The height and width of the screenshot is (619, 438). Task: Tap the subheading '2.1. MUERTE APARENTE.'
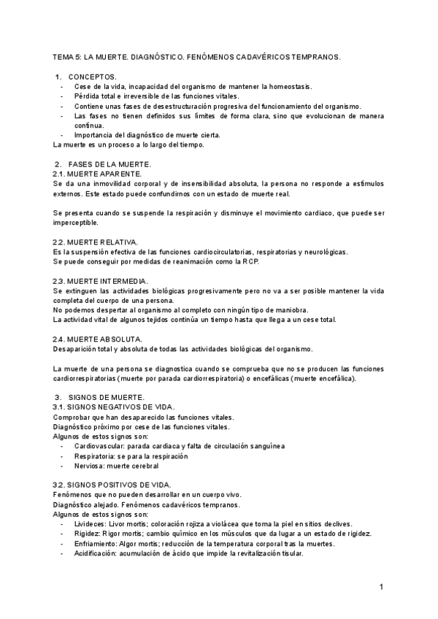pyautogui.click(x=98, y=174)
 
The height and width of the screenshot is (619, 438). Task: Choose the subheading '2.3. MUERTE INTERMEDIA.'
pyautogui.click(x=101, y=281)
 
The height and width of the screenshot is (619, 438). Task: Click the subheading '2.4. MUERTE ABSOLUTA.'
pyautogui.click(x=98, y=339)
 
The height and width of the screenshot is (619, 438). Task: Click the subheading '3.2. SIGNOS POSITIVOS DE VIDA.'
pyautogui.click(x=112, y=485)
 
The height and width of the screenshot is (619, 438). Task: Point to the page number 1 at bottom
pyautogui.click(x=381, y=588)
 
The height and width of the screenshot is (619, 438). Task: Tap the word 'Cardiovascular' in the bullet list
pyautogui.click(x=99, y=445)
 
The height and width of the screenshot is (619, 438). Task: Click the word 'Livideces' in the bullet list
pyautogui.click(x=90, y=523)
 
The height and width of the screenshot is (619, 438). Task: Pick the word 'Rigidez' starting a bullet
pyautogui.click(x=87, y=534)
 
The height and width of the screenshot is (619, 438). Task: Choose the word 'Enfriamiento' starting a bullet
pyautogui.click(x=95, y=544)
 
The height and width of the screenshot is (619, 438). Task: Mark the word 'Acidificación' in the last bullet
pyautogui.click(x=96, y=553)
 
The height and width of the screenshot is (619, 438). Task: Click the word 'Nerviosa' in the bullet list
pyautogui.click(x=89, y=465)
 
